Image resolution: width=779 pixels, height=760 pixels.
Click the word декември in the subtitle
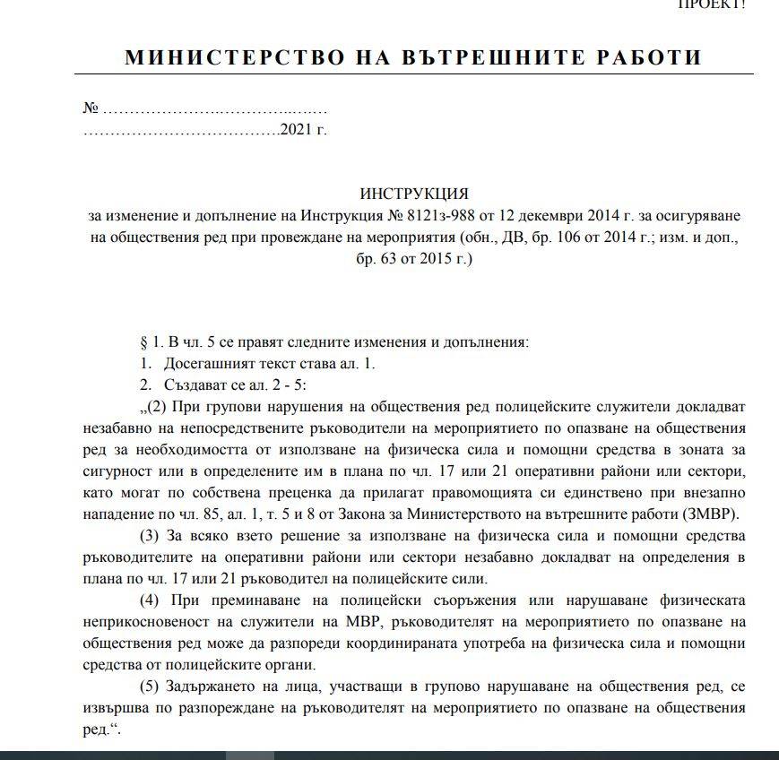pyautogui.click(x=553, y=216)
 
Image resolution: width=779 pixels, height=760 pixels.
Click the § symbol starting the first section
pyautogui.click(x=144, y=342)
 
